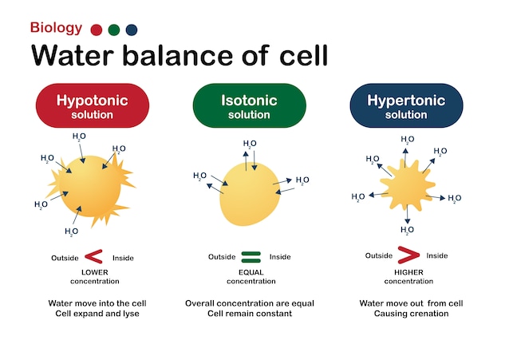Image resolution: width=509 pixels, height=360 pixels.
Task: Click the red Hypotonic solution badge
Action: pyautogui.click(x=90, y=106)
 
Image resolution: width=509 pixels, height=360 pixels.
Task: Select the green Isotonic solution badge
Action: pyautogui.click(x=249, y=106)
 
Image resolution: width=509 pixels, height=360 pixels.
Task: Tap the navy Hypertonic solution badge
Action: pyautogui.click(x=406, y=106)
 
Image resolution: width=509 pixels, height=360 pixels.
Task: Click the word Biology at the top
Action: pyautogui.click(x=56, y=28)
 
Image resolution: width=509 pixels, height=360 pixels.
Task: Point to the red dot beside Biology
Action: pyautogui.click(x=97, y=30)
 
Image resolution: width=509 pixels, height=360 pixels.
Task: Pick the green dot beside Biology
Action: pyautogui.click(x=114, y=30)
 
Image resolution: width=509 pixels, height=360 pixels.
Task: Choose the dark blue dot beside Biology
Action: pyautogui.click(x=132, y=30)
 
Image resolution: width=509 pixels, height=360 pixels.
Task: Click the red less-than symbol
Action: pyautogui.click(x=94, y=257)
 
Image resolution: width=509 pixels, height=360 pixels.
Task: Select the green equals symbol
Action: pyautogui.click(x=251, y=257)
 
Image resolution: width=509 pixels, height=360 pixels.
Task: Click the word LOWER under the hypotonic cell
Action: pyautogui.click(x=94, y=272)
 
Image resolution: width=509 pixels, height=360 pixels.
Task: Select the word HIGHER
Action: pyautogui.click(x=408, y=272)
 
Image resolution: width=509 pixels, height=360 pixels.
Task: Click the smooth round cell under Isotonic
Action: pyautogui.click(x=251, y=194)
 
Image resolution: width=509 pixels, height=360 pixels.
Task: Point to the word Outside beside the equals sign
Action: pyautogui.click(x=222, y=257)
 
